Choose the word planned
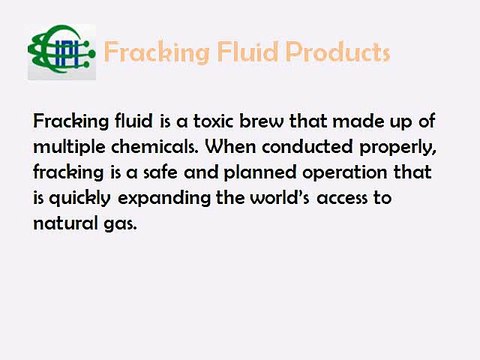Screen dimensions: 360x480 [x=241, y=172]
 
